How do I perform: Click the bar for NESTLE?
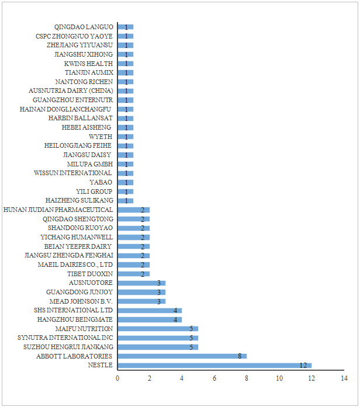214,366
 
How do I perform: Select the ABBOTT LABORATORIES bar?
182,356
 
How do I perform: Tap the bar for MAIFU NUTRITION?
158,329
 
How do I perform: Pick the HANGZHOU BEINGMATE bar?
150,319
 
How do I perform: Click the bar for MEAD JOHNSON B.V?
141,301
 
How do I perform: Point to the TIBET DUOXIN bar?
133,274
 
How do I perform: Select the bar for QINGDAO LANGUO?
125,27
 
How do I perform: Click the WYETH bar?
125,137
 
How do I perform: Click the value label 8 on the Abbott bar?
239,356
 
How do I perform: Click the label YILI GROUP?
95,192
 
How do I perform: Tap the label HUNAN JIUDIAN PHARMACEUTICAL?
58,210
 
